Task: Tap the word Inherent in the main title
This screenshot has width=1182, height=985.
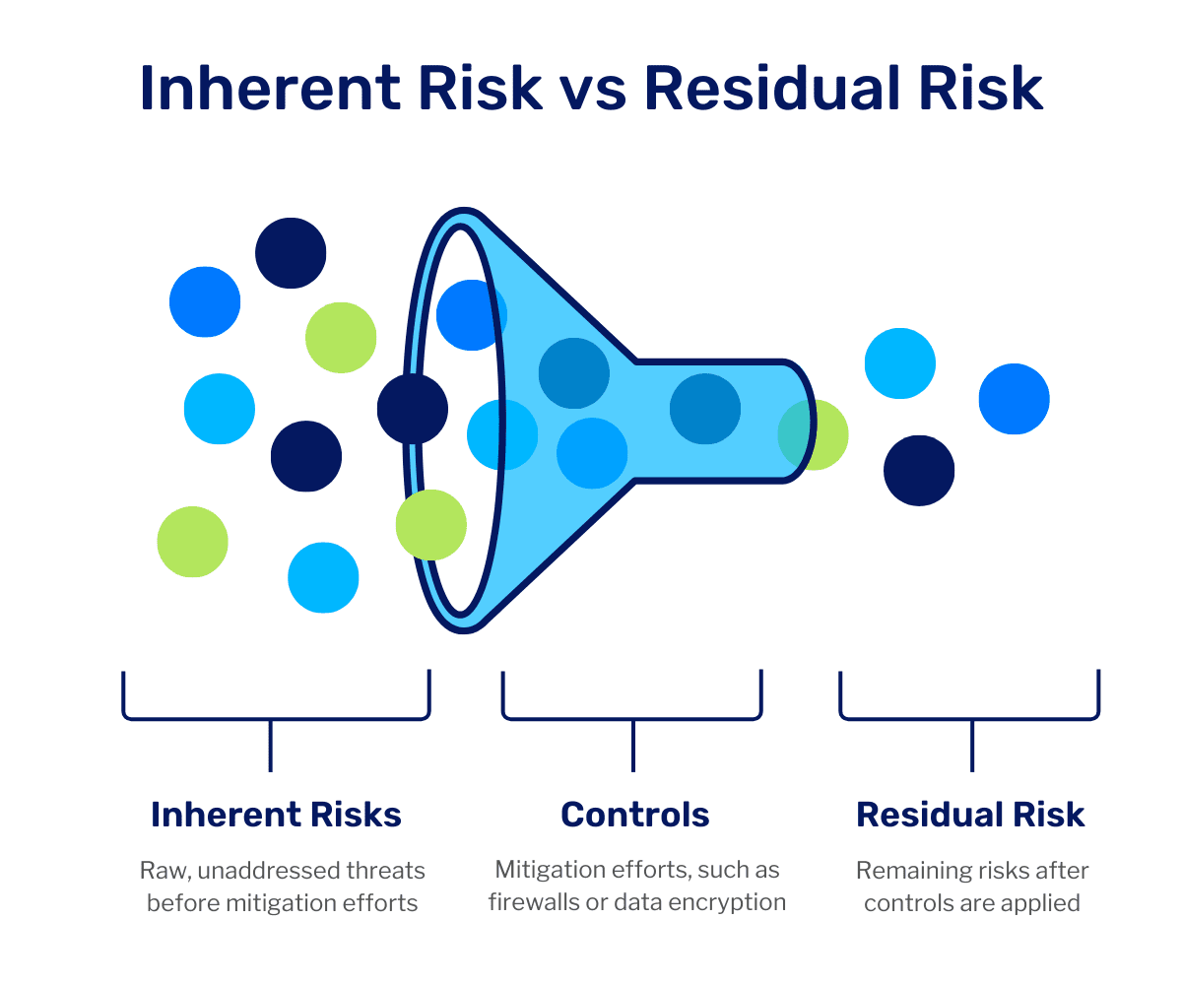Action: (271, 88)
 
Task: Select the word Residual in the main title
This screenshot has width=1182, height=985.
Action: (771, 88)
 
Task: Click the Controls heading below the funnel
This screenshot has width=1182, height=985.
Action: (634, 815)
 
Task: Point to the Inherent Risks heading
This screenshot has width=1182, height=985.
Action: (276, 815)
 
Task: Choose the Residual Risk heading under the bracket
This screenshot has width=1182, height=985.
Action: (970, 815)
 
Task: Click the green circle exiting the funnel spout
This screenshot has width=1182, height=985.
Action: (813, 434)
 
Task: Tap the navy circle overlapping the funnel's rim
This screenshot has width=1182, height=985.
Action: (413, 409)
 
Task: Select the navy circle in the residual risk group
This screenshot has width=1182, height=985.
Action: (919, 471)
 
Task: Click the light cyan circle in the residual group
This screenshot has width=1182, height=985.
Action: (900, 363)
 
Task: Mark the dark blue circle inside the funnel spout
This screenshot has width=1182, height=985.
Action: (705, 409)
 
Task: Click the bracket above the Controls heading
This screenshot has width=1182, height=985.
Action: (632, 719)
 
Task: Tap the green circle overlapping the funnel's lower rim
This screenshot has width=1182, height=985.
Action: (430, 525)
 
